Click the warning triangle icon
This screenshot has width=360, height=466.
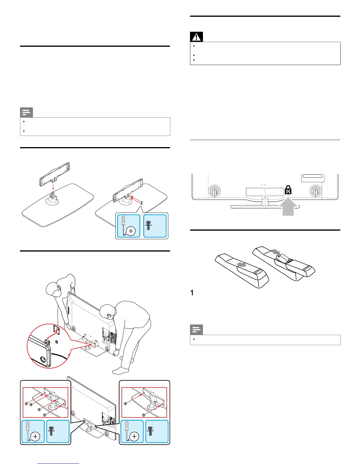pyautogui.click(x=196, y=37)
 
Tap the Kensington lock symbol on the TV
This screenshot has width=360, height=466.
pyautogui.click(x=288, y=190)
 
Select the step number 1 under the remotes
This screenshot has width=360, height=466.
pyautogui.click(x=192, y=293)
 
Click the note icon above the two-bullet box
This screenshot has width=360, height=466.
pyautogui.click(x=26, y=112)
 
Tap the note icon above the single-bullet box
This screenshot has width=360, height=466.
pyautogui.click(x=196, y=330)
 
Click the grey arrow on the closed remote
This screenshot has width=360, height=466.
pyautogui.click(x=241, y=264)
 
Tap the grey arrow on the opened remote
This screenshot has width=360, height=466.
pyautogui.click(x=276, y=252)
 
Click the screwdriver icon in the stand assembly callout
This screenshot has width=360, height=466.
pyautogui.click(x=129, y=226)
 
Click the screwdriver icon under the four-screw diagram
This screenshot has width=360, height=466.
pyautogui.click(x=33, y=431)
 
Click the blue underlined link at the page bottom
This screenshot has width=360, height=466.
pyautogui.click(x=59, y=463)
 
